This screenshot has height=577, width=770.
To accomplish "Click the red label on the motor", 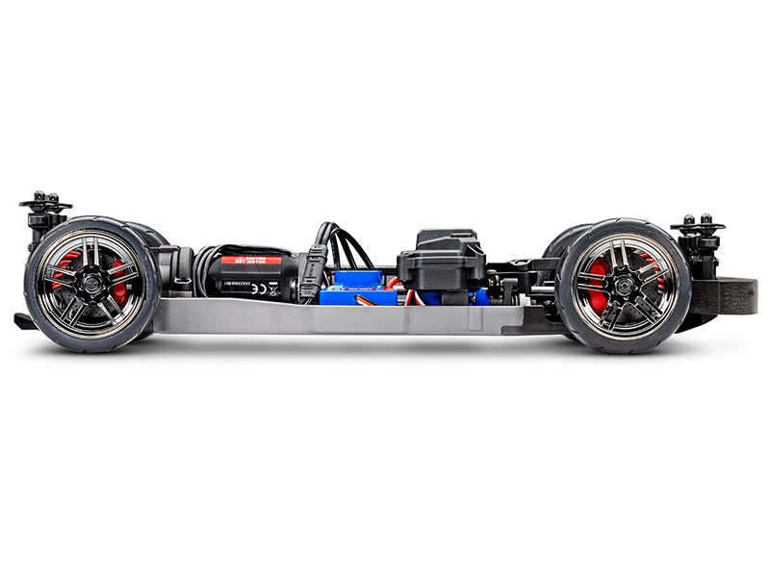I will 252,261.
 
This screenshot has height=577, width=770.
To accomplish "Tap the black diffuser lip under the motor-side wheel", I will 23,321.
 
